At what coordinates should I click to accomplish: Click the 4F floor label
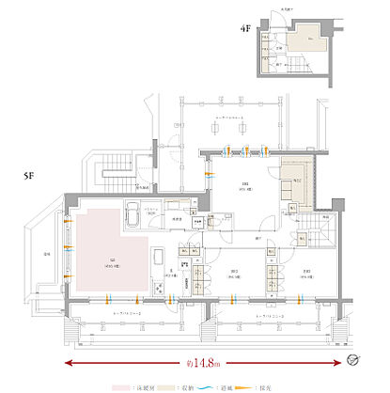[x=246, y=29]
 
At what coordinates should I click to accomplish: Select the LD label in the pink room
[x=113, y=260]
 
